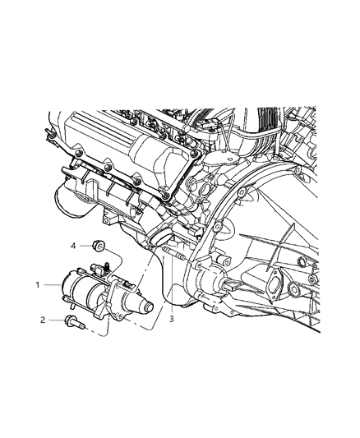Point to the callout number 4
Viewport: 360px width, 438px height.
[x=73, y=245]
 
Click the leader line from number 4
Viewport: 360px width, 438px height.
[x=84, y=245]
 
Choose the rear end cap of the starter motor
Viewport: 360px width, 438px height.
[x=71, y=289]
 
